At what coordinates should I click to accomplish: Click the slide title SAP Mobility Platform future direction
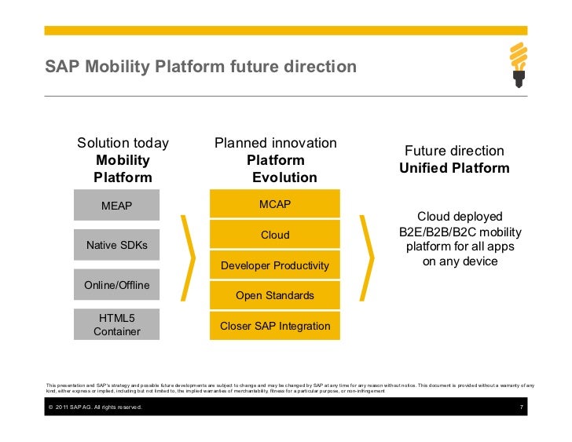click(x=200, y=68)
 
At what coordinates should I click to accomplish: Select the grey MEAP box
click(x=116, y=206)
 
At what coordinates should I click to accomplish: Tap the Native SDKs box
click(x=116, y=245)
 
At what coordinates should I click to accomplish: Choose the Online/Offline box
click(x=116, y=284)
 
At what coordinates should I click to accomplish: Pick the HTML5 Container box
click(x=116, y=324)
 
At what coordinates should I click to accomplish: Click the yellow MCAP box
click(x=275, y=205)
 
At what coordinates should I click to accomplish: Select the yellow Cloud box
click(x=275, y=235)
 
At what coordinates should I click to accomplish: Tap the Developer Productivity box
click(x=275, y=265)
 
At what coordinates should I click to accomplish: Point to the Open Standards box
click(x=275, y=295)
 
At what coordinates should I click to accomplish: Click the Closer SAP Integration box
click(x=275, y=325)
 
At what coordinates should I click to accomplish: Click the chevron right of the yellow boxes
click(x=366, y=257)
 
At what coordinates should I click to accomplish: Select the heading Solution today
click(x=123, y=143)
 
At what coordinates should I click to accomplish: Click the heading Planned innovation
click(x=276, y=143)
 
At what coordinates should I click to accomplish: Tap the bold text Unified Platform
click(x=454, y=168)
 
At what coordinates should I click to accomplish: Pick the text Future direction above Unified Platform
click(x=454, y=151)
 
